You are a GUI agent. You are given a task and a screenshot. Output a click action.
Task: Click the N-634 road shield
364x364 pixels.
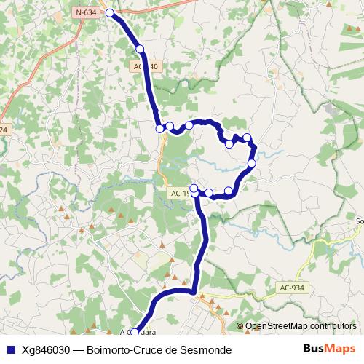[x=86, y=12]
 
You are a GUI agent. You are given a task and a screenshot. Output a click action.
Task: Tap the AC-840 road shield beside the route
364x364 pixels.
[x=145, y=66]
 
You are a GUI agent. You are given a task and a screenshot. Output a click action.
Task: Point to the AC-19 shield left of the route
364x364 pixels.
[x=180, y=194]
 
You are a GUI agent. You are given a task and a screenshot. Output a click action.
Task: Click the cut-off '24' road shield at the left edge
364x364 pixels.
[x=4, y=130]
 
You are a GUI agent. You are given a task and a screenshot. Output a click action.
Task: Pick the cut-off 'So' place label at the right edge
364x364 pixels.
[x=359, y=221]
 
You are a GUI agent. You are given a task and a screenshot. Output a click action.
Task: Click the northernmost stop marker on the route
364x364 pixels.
[x=110, y=13]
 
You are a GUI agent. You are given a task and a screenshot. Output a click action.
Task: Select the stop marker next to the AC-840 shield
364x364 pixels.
[x=141, y=49]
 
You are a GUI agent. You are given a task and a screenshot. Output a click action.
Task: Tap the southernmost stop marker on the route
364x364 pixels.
[x=135, y=332]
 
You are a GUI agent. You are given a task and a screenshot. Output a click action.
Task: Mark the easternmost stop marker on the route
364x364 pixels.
[x=252, y=164]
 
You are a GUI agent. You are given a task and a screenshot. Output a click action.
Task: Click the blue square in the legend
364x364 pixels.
[x=11, y=350]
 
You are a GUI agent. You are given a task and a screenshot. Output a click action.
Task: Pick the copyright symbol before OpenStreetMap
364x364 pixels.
[x=240, y=326]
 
